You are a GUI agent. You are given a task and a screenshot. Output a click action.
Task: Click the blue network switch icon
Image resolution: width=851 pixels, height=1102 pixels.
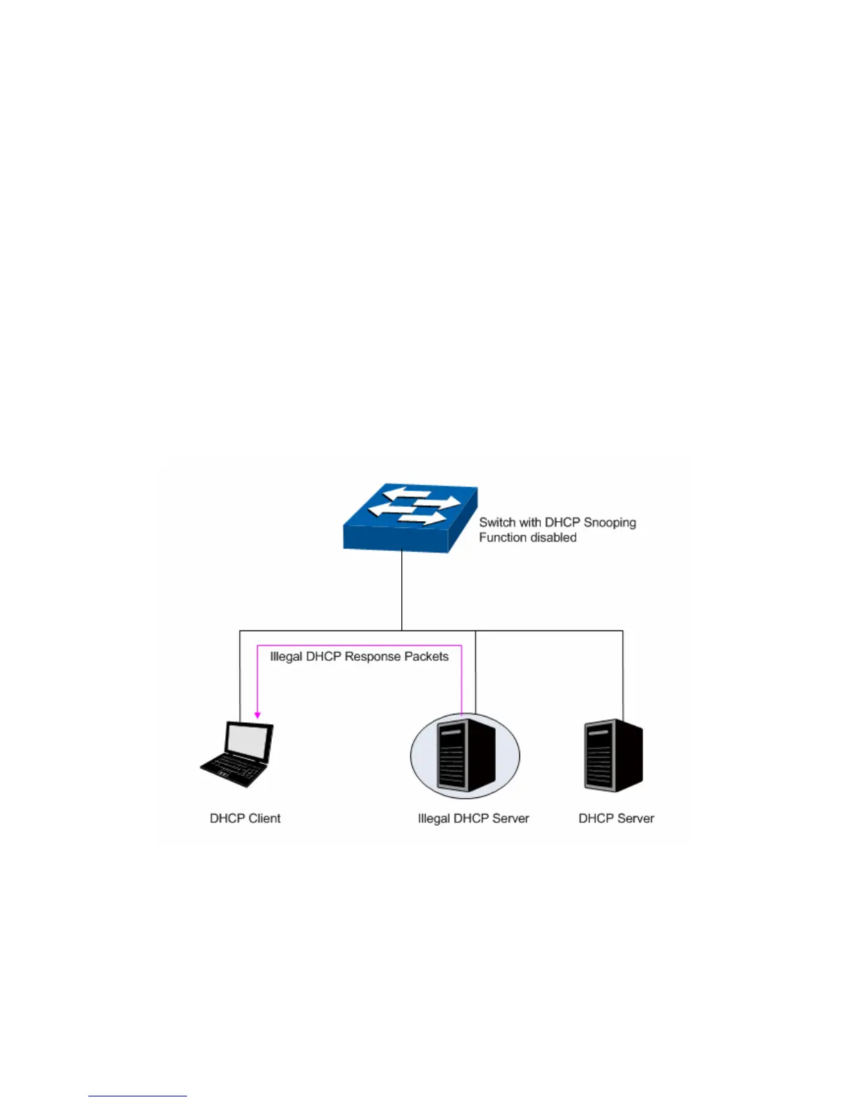pyautogui.click(x=410, y=519)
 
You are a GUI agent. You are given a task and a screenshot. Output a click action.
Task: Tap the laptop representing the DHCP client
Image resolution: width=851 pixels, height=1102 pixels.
pyautogui.click(x=237, y=754)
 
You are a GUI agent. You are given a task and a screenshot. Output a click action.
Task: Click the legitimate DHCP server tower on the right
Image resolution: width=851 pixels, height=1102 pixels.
pyautogui.click(x=613, y=756)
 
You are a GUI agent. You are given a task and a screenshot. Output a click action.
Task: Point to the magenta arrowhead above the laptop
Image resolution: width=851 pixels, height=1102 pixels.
pyautogui.click(x=257, y=714)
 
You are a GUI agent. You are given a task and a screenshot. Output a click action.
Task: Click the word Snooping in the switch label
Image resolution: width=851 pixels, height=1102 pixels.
pyautogui.click(x=610, y=522)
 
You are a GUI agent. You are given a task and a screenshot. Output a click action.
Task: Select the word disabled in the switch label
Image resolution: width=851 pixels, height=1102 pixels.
pyautogui.click(x=555, y=538)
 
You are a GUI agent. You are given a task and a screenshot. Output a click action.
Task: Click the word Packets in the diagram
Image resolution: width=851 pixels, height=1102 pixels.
pyautogui.click(x=426, y=657)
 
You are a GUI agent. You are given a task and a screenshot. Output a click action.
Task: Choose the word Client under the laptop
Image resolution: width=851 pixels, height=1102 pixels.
pyautogui.click(x=265, y=819)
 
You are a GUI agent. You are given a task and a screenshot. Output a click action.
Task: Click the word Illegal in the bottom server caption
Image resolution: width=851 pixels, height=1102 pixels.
pyautogui.click(x=434, y=819)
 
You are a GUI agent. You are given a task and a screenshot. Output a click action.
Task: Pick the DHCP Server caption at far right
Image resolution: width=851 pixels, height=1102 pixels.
pyautogui.click(x=616, y=819)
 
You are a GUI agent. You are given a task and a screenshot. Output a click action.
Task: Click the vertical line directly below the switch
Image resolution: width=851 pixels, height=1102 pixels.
pyautogui.click(x=401, y=591)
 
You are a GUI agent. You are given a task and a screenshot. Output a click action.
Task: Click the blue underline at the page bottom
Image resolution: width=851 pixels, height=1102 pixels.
pyautogui.click(x=137, y=1096)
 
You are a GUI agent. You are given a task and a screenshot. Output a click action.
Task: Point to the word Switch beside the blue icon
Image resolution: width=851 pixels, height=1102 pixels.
pyautogui.click(x=497, y=522)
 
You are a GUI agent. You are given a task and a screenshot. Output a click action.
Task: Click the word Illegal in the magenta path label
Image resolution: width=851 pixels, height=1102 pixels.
pyautogui.click(x=286, y=657)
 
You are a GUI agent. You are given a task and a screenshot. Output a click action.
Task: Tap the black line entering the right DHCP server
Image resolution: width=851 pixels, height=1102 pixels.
pyautogui.click(x=622, y=675)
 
